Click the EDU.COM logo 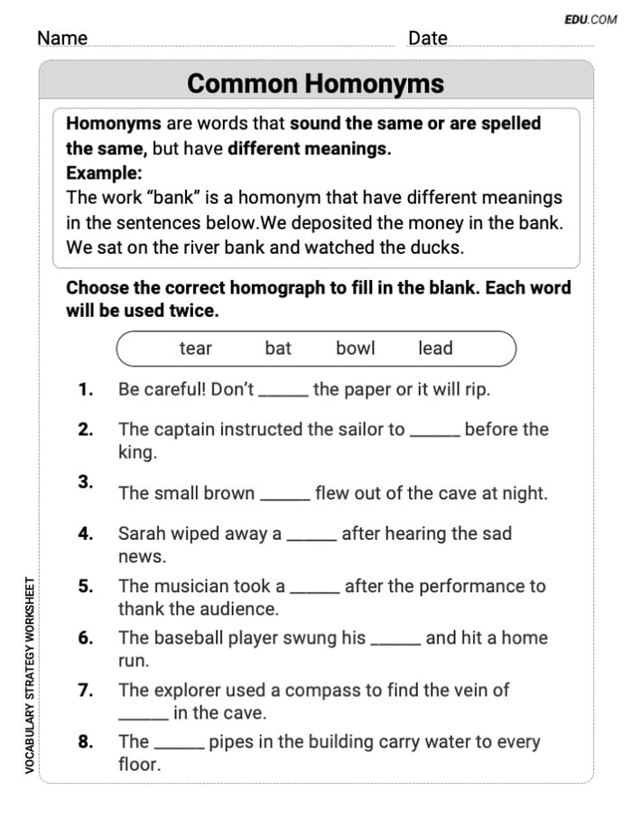point(590,19)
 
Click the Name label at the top point(62,38)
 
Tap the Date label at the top point(427,38)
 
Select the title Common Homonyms point(316,84)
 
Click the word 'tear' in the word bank point(195,349)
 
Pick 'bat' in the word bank point(278,349)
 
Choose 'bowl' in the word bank point(355,349)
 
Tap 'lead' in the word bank point(435,349)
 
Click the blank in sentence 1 point(283,394)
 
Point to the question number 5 point(86,586)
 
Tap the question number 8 point(86,742)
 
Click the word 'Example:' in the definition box point(103,173)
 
